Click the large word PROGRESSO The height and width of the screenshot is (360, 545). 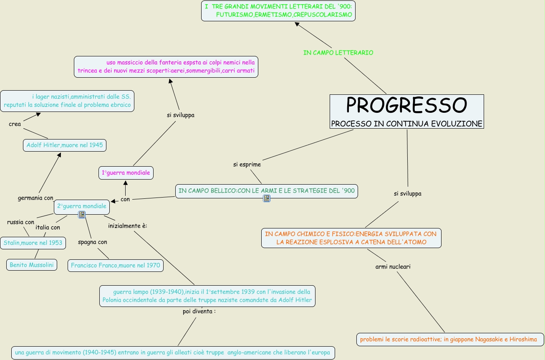406,106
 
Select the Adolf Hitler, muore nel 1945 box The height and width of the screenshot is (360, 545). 65,145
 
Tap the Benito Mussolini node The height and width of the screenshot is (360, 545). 32,265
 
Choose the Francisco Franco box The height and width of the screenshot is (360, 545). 115,265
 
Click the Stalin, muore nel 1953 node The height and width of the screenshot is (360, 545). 33,243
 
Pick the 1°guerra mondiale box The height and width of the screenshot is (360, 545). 126,172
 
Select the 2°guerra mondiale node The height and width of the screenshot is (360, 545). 82,206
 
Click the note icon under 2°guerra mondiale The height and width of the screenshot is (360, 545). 82,215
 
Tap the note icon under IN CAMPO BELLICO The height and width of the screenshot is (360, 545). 267,198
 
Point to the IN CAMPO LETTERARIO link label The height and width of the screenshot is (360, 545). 338,53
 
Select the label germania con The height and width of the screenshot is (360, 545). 35,198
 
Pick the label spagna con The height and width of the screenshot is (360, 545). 93,242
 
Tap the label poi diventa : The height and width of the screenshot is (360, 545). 199,312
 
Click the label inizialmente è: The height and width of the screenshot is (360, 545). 128,226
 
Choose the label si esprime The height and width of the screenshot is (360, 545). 247,165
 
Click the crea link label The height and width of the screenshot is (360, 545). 15,124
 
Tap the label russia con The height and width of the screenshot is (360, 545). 20,222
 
